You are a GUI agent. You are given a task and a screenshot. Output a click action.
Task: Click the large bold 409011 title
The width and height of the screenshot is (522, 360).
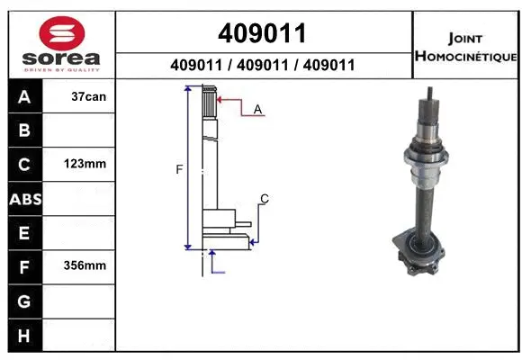click(x=263, y=33)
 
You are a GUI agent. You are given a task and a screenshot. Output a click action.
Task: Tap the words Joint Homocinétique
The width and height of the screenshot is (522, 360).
click(x=464, y=48)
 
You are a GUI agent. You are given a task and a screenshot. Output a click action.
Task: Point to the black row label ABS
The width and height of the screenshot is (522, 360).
click(x=24, y=199)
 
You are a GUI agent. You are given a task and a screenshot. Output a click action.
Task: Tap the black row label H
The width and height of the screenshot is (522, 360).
click(x=24, y=335)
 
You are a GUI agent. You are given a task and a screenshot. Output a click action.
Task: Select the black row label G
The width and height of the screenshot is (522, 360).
click(x=24, y=301)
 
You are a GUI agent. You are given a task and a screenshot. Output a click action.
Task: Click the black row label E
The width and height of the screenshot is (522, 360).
click(x=24, y=233)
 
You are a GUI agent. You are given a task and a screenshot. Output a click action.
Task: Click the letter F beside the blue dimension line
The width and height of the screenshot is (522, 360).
click(x=179, y=168)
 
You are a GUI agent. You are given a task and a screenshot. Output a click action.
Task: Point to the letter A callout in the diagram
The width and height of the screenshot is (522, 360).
click(x=257, y=109)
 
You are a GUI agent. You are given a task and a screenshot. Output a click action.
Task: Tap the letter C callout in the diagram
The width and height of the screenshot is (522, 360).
click(x=264, y=198)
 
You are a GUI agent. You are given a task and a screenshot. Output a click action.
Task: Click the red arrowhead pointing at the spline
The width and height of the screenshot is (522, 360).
click(x=220, y=99)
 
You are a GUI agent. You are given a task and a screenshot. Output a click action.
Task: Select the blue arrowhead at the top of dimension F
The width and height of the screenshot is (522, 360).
click(x=188, y=89)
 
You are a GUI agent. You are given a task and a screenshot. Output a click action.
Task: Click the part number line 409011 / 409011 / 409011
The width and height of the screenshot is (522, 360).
click(x=263, y=65)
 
